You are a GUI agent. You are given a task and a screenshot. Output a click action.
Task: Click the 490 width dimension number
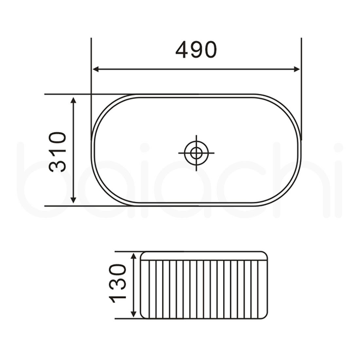pyautogui.click(x=196, y=50)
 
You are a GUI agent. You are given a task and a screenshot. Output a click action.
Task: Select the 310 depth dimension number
pyautogui.click(x=58, y=152)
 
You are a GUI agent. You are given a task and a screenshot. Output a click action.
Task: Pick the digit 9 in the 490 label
pyautogui.click(x=196, y=50)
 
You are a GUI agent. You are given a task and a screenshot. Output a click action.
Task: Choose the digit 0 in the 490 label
pyautogui.click(x=210, y=50)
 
